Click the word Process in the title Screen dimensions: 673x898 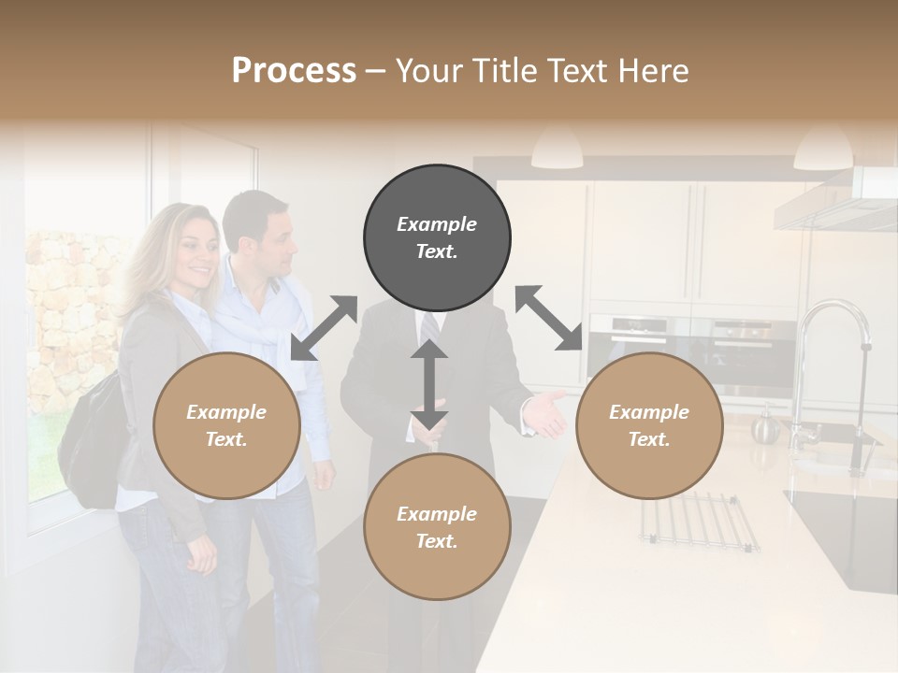click(294, 71)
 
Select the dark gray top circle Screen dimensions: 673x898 click(437, 238)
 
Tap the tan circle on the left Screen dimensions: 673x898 click(226, 426)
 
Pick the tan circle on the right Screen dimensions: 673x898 click(649, 426)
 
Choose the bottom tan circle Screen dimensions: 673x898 click(437, 527)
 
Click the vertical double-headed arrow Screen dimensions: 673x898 click(429, 384)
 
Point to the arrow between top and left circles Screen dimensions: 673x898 click(324, 328)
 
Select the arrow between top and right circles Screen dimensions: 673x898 click(549, 318)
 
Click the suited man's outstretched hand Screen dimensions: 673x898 click(545, 416)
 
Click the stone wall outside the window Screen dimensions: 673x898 click(70, 308)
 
